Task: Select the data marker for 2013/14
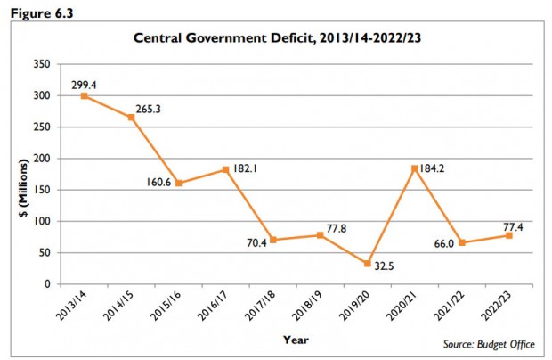83,95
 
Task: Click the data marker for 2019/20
368,264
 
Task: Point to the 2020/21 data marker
416,168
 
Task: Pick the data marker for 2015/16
178,183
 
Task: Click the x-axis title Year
296,340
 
